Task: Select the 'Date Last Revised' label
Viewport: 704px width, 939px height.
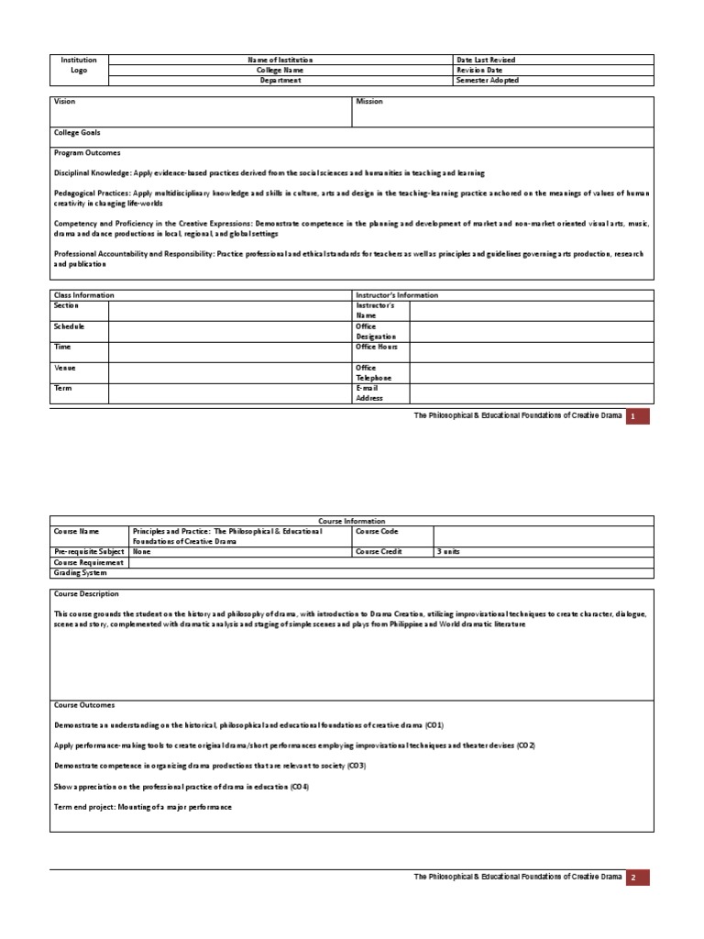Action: click(485, 60)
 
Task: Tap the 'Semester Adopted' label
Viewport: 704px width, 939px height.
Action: click(487, 80)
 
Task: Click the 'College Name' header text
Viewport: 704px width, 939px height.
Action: click(280, 70)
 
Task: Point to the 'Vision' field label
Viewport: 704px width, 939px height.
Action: click(64, 102)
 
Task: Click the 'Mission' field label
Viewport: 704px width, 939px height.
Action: click(369, 102)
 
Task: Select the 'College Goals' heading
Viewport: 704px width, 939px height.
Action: click(77, 132)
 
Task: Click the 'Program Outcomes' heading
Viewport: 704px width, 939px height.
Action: click(87, 153)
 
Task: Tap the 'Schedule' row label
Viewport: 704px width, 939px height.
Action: click(70, 326)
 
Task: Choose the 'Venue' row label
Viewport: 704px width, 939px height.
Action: click(65, 368)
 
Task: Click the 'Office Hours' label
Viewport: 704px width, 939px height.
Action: click(376, 347)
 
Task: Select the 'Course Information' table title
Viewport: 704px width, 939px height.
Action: click(352, 521)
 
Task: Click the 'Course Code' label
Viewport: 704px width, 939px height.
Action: click(376, 531)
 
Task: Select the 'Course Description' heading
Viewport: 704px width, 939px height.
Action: click(88, 593)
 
